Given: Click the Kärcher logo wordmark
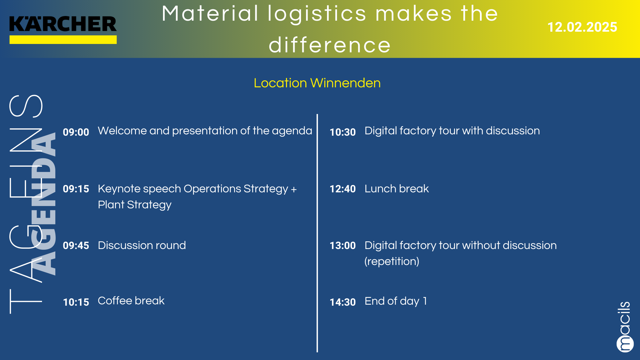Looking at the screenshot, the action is point(63,24).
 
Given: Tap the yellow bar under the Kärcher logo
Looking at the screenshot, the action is point(63,40).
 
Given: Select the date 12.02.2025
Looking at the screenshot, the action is point(582,27).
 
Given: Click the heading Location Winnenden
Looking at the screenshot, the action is point(317,83).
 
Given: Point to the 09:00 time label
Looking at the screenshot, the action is point(76,132).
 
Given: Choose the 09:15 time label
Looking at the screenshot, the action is point(76,189).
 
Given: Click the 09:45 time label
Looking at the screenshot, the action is point(76,245).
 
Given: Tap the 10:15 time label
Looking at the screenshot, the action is point(76,302).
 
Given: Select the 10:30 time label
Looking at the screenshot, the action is point(343,132).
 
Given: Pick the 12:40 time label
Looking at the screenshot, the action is point(343,189).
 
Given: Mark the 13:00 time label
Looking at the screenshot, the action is point(343,245).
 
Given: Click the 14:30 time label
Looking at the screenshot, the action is point(343,302).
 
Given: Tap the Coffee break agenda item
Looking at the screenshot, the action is point(131,301).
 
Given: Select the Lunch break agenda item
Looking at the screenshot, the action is point(397,189).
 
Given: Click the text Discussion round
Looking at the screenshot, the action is point(142,245).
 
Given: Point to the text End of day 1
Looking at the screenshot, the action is point(396,301).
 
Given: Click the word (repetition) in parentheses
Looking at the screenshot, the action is point(392,261).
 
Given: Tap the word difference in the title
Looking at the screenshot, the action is point(330,45).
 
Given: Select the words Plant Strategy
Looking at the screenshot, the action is point(135,205).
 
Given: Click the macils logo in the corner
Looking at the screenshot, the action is point(624,327).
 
